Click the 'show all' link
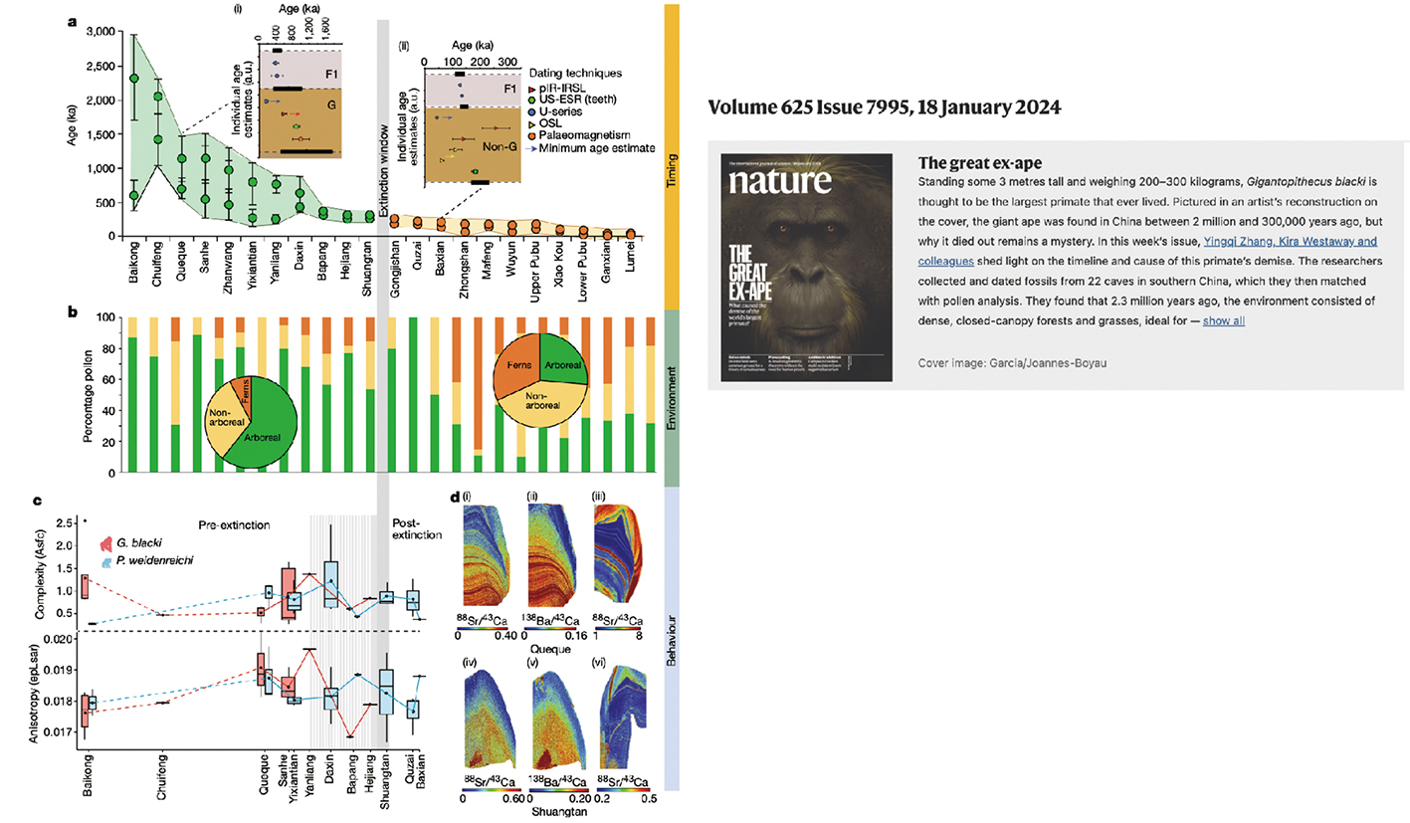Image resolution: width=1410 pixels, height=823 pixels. click(1223, 320)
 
